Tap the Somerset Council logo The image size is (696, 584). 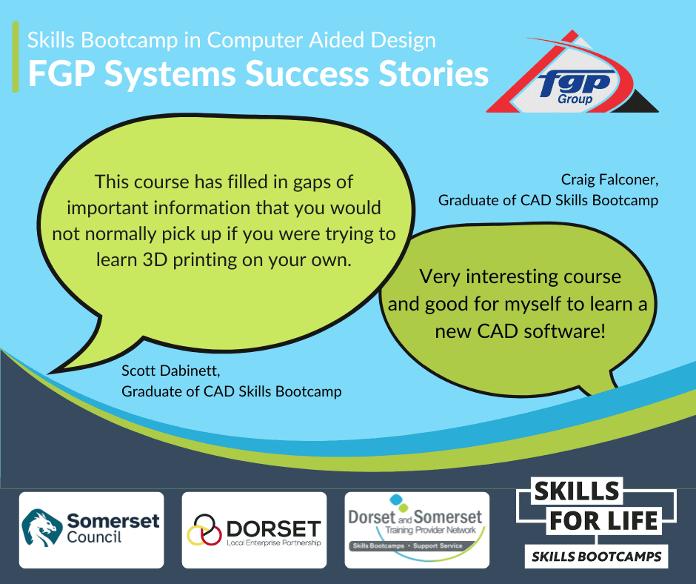tap(91, 530)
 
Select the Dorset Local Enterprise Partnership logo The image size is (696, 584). tap(255, 530)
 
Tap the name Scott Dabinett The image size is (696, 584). tap(171, 371)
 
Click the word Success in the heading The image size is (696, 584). tap(307, 73)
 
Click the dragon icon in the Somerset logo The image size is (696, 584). tap(41, 528)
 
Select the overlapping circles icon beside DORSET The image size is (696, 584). tap(204, 530)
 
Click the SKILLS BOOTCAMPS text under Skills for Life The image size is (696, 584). tap(597, 557)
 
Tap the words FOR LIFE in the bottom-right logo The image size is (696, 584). tap(603, 521)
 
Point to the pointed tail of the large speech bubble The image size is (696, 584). tap(48, 373)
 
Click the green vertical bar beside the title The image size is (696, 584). tap(16, 57)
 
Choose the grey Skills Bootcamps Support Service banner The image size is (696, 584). tap(407, 545)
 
